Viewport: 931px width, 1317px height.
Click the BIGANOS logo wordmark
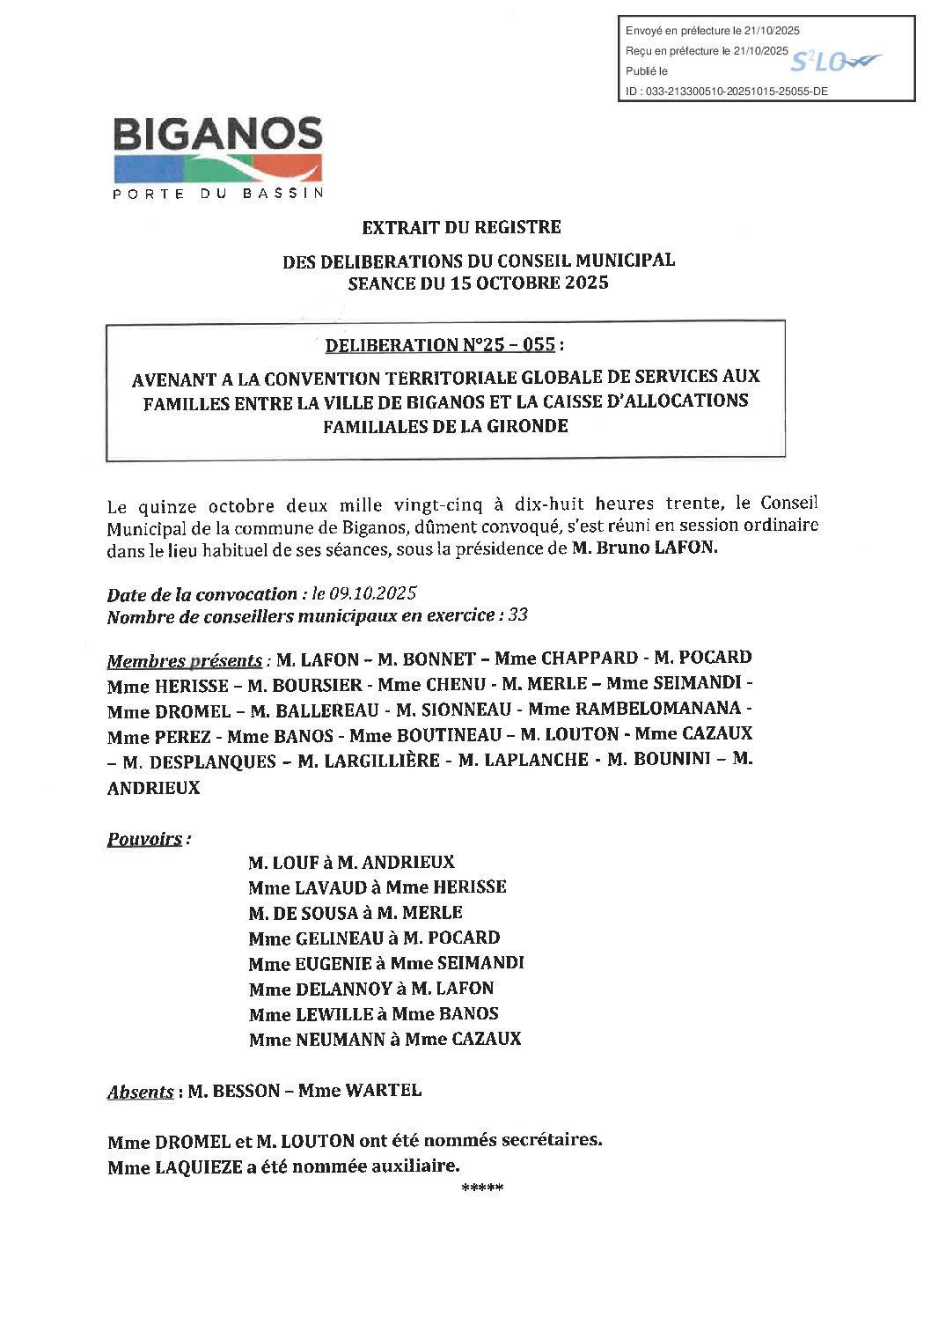click(217, 134)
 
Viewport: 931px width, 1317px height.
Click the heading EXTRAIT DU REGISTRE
click(461, 227)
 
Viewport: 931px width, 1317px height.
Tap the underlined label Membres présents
click(184, 660)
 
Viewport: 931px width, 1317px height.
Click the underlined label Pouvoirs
click(145, 839)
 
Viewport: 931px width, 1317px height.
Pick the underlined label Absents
click(140, 1092)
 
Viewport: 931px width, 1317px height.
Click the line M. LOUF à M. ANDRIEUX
click(351, 862)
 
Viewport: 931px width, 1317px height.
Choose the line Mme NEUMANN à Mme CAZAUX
click(385, 1039)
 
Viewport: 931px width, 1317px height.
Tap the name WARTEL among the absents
click(383, 1090)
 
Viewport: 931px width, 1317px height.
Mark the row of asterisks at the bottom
click(481, 1189)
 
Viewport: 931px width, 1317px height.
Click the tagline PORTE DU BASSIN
click(218, 194)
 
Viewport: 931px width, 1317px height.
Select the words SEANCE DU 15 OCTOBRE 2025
click(478, 283)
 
